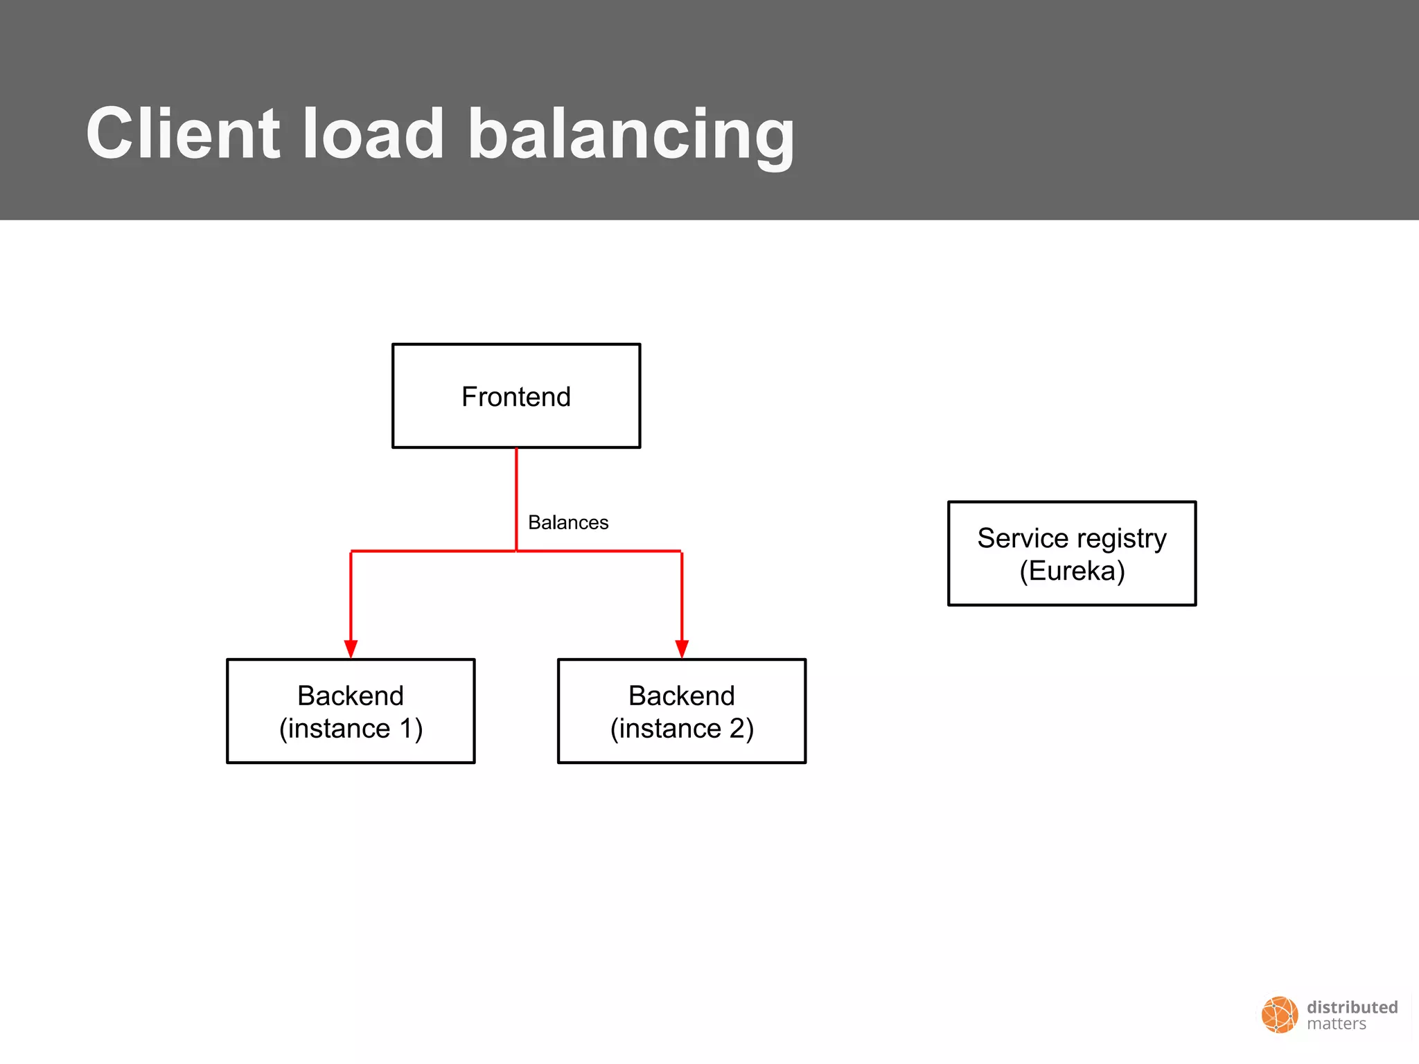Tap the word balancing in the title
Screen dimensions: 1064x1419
[631, 135]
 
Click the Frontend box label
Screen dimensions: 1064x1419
[516, 397]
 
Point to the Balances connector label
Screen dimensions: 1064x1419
[568, 522]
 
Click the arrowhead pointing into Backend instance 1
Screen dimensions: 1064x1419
[351, 648]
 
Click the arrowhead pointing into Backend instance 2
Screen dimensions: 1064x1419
[682, 648]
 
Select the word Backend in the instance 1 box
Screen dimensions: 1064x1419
[351, 695]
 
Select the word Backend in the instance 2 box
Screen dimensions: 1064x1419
[682, 695]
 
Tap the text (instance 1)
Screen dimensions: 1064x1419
[351, 729]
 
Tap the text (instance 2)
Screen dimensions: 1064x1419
[682, 729]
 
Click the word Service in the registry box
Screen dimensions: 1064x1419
[1023, 538]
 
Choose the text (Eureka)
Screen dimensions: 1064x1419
[1072, 571]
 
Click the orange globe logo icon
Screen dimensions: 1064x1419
[1279, 1015]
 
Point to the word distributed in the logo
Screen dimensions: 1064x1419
[1352, 1007]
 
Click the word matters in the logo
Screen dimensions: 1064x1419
[1337, 1025]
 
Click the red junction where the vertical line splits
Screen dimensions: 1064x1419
[516, 551]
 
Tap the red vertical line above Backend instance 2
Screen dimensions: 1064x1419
[682, 596]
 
